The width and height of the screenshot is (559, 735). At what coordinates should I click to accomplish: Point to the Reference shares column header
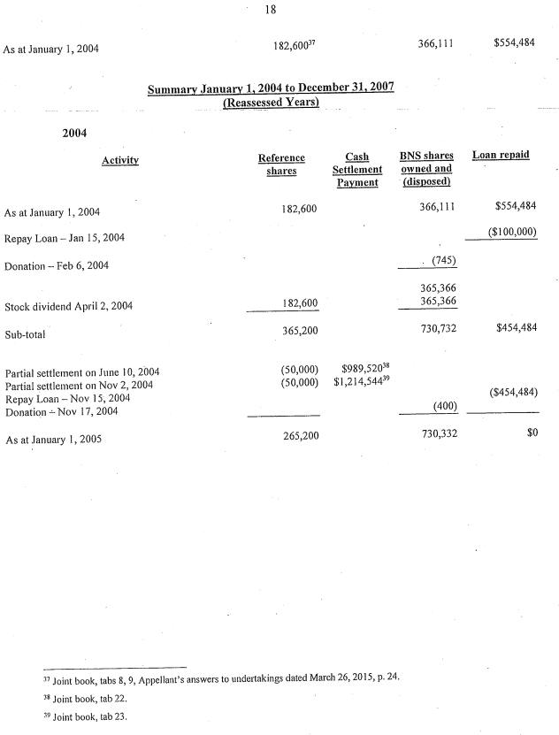tap(281, 164)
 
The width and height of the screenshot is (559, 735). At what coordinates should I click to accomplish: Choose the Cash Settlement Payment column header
tap(357, 169)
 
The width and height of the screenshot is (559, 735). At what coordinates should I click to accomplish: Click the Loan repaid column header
tap(501, 155)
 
